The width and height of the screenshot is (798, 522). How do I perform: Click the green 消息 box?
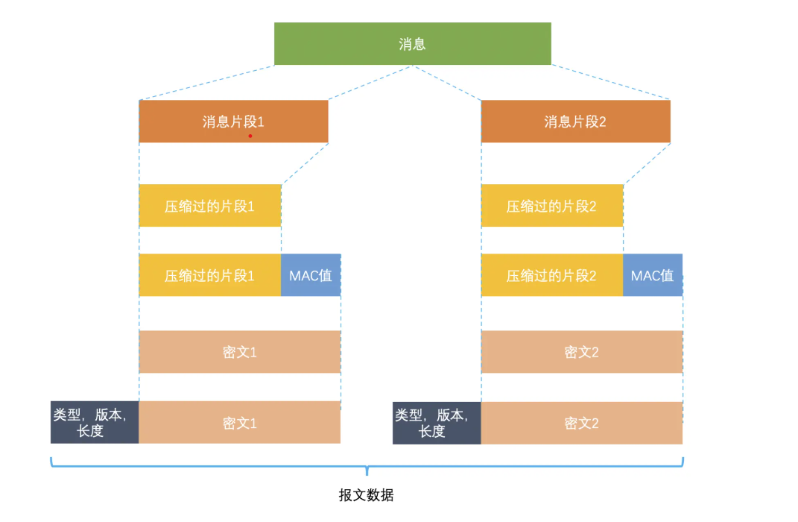(412, 44)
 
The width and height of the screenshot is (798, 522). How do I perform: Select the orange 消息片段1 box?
(233, 122)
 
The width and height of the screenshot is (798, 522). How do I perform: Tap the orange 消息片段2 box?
(575, 122)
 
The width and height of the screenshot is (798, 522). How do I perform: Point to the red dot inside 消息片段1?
(250, 136)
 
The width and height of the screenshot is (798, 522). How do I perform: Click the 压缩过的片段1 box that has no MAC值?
(209, 207)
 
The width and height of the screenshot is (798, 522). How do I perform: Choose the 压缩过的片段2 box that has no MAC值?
(551, 207)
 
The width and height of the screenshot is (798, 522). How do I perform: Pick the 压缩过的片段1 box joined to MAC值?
(209, 275)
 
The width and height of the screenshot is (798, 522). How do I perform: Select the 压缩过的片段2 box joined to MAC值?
(551, 275)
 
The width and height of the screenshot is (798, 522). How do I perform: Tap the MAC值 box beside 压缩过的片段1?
(311, 275)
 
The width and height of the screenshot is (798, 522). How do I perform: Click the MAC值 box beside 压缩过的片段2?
(652, 275)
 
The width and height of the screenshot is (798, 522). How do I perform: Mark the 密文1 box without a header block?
(239, 352)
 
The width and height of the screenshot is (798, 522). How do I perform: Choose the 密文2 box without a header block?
(581, 352)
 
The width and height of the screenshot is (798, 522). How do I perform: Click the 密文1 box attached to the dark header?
(239, 423)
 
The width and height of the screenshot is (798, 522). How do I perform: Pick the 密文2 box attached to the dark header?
(581, 423)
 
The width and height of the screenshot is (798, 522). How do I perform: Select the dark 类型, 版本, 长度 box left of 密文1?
(95, 423)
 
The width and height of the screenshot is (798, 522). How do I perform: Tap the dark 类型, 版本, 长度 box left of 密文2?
(437, 423)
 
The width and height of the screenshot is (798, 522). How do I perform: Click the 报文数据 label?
(366, 496)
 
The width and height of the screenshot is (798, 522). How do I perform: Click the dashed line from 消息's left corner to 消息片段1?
(206, 83)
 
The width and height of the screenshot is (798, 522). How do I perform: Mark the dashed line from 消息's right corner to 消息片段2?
(611, 83)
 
